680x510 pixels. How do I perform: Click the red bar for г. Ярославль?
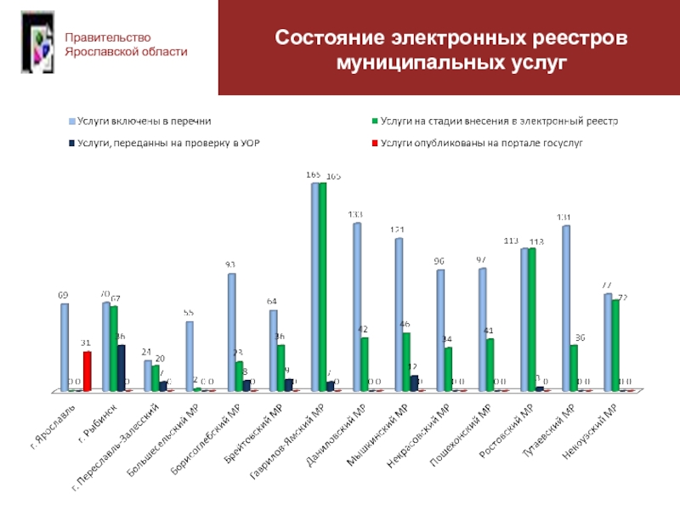pos(87,371)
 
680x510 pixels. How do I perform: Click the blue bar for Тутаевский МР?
pos(565,308)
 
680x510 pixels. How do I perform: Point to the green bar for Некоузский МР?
pos(615,344)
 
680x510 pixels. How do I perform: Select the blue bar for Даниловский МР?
pos(357,306)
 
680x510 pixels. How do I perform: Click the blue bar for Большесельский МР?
pos(190,355)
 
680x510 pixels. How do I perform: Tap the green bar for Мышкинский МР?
pos(406,361)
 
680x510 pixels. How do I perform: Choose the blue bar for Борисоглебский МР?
pos(231,331)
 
